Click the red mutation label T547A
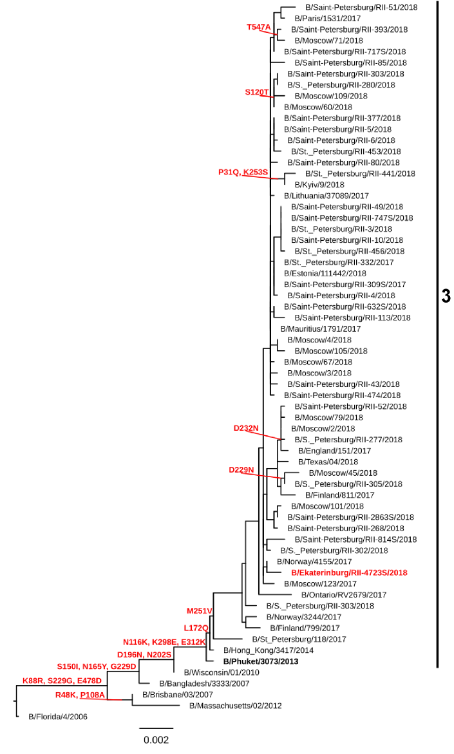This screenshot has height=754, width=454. coord(260,27)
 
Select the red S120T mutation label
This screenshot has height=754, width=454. coord(256,92)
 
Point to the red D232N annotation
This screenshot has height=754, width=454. coord(245,428)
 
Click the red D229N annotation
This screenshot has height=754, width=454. coord(241,470)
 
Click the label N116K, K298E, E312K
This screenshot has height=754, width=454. coord(164,642)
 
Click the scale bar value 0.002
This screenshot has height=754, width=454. coord(156,740)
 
